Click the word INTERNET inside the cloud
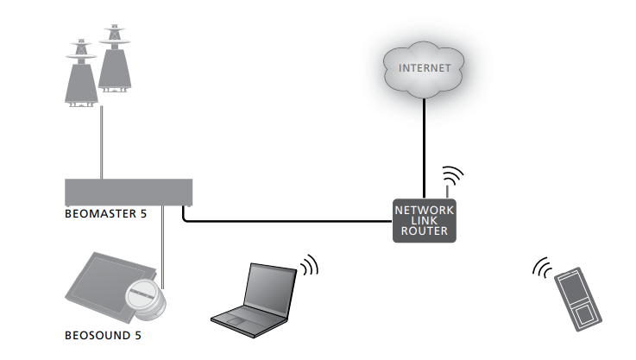tap(423, 67)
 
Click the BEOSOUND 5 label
tap(100, 334)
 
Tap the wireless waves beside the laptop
tap(308, 263)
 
